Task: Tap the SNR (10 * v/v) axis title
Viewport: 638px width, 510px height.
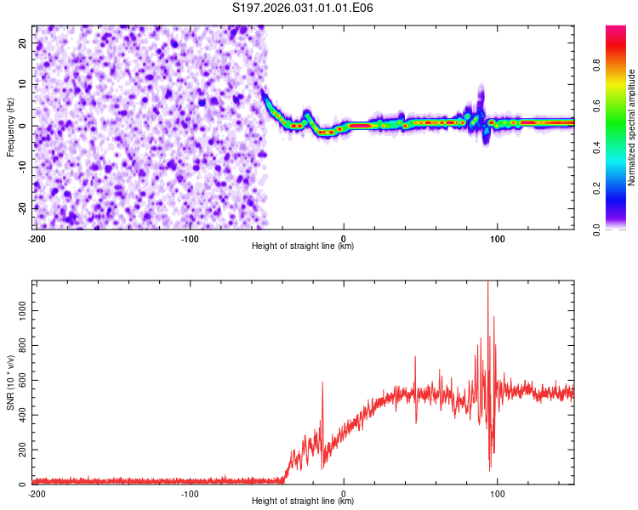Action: pos(10,382)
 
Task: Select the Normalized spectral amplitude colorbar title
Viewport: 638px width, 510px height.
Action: pos(631,127)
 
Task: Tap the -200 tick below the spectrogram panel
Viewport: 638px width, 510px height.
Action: pos(37,237)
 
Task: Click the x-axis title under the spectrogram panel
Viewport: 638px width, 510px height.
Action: pos(303,246)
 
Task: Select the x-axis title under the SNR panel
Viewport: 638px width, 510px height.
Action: pos(303,501)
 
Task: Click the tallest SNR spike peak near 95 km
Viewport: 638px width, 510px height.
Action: pos(487,283)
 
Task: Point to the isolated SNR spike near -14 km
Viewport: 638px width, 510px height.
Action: pos(322,383)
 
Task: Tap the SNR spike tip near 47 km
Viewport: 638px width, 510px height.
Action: pos(415,358)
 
